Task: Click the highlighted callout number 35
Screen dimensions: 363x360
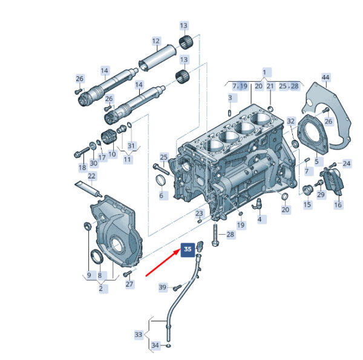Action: [x=188, y=249]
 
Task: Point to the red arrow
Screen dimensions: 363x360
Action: [x=163, y=262]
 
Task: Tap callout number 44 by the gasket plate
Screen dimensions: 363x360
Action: [x=325, y=77]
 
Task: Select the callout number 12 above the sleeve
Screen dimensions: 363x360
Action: [x=156, y=41]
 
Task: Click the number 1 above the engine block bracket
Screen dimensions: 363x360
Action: [x=264, y=73]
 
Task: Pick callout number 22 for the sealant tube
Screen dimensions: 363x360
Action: [x=92, y=176]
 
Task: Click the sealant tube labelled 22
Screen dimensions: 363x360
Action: [x=89, y=189]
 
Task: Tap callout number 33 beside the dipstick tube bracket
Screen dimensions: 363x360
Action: [x=138, y=335]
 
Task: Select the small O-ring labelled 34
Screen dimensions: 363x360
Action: [x=169, y=346]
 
